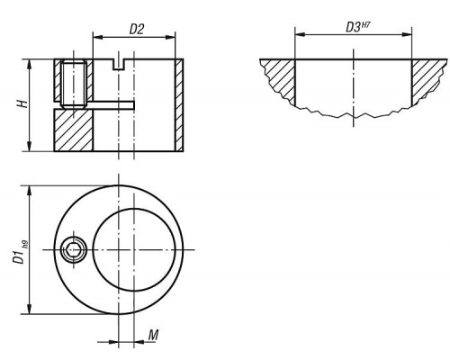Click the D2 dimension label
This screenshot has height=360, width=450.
(x=137, y=29)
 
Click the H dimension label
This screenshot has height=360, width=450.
(x=22, y=103)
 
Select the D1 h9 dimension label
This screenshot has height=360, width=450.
(x=21, y=253)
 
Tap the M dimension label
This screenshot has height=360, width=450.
(x=153, y=335)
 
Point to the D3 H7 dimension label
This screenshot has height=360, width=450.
(x=357, y=27)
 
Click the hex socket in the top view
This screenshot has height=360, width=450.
(x=74, y=249)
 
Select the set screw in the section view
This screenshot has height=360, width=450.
(x=74, y=85)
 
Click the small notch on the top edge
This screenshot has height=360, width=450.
(x=119, y=65)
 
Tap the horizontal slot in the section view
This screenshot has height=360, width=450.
(x=113, y=105)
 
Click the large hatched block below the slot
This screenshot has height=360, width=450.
(x=74, y=130)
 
